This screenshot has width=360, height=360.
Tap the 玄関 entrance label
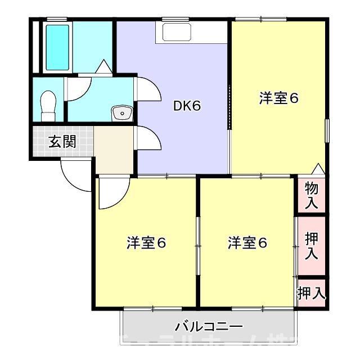(61, 142)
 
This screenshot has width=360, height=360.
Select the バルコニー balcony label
(209, 326)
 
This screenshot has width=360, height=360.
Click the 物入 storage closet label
(312, 194)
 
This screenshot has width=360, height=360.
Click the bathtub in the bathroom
(57, 47)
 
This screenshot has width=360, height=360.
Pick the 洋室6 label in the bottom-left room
(146, 243)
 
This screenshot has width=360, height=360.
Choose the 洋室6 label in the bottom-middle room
(247, 243)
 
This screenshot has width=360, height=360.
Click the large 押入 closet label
(312, 246)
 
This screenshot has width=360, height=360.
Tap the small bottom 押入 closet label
(312, 292)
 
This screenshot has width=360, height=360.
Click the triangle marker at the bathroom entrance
(103, 67)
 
